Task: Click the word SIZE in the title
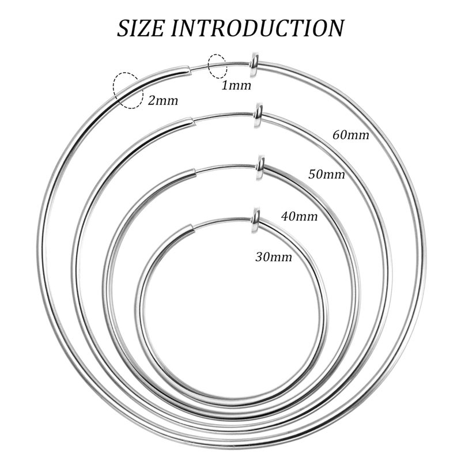[141, 28]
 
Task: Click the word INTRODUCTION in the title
[258, 28]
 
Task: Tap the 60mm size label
[351, 135]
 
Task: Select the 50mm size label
[327, 175]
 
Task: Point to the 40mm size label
[299, 217]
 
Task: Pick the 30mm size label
[274, 257]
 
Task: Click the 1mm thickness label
[236, 85]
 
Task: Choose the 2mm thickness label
[163, 101]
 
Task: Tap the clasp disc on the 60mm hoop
[254, 65]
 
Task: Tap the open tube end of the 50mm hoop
[191, 121]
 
